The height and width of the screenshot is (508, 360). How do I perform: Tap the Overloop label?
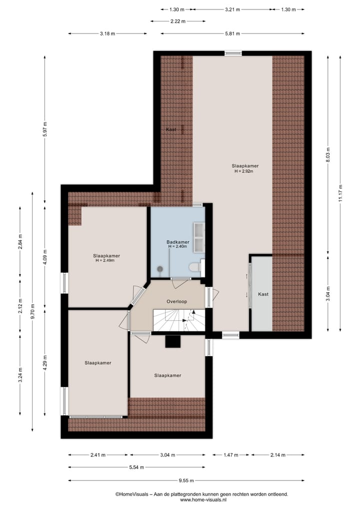point(176,302)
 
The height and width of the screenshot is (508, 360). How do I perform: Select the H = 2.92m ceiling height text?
point(244,171)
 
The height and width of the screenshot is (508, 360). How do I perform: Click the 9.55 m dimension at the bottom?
point(186,480)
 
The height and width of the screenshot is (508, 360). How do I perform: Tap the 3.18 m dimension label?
point(107,33)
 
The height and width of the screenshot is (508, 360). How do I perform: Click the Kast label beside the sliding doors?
point(263,294)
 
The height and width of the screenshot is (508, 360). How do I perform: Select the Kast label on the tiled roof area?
point(170,129)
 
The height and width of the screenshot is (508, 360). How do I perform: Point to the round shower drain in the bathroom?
point(160,269)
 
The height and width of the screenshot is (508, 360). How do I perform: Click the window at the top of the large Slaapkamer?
point(232,53)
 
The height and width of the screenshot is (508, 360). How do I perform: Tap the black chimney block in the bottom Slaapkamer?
point(173,341)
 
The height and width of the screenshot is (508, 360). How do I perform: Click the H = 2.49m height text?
point(106,260)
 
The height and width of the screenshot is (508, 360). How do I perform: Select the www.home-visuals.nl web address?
point(203,500)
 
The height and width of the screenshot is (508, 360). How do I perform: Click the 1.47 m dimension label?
point(230,455)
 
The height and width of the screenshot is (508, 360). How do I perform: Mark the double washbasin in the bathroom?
point(199,237)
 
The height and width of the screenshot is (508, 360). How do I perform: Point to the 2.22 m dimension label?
point(177,21)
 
